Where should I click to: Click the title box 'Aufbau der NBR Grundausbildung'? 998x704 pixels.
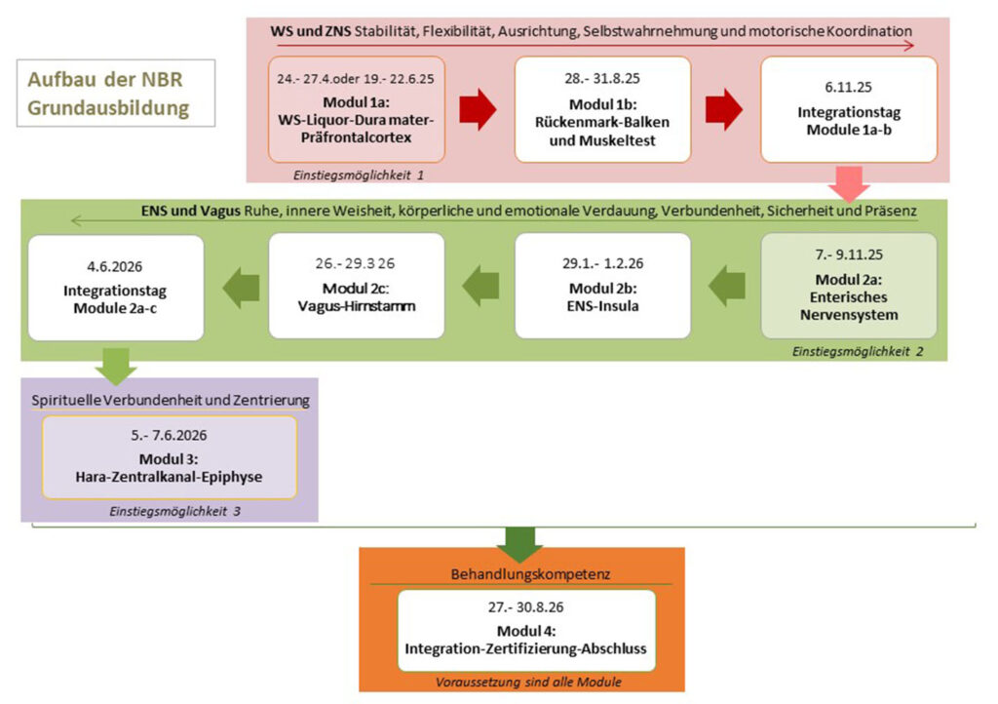[x=116, y=94]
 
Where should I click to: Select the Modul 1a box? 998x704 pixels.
[x=357, y=109]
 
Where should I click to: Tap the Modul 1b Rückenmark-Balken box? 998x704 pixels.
[x=602, y=109]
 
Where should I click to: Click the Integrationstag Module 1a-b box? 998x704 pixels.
[x=848, y=109]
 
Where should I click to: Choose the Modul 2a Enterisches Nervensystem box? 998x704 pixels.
[x=848, y=286]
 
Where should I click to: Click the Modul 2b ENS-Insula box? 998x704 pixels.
[x=602, y=286]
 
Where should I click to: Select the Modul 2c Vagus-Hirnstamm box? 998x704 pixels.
[x=357, y=286]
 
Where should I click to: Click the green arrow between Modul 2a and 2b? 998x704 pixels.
[x=725, y=286]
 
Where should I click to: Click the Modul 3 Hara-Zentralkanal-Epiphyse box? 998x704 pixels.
[x=170, y=457]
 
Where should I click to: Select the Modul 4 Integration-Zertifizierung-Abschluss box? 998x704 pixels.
[x=526, y=630]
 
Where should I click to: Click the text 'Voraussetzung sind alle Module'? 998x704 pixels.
[x=527, y=682]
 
